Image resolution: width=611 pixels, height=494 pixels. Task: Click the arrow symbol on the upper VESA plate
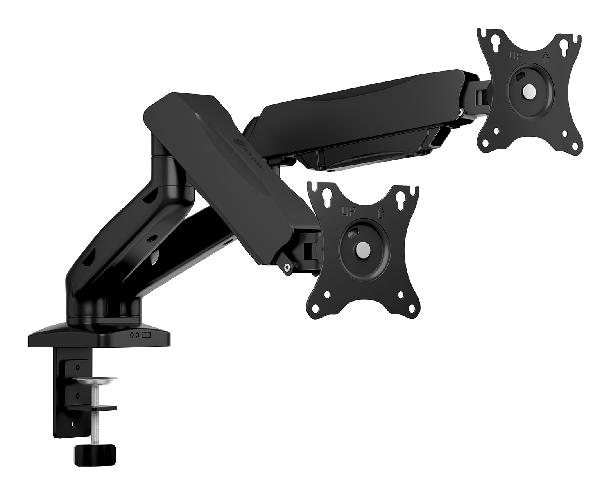click(x=546, y=58)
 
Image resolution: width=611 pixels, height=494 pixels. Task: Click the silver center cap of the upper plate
click(x=529, y=91)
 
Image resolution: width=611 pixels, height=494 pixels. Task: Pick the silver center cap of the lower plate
click(x=363, y=249)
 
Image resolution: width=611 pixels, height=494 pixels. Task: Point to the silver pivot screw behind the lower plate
click(x=288, y=267)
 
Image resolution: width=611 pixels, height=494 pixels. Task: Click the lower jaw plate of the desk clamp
click(x=92, y=408)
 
